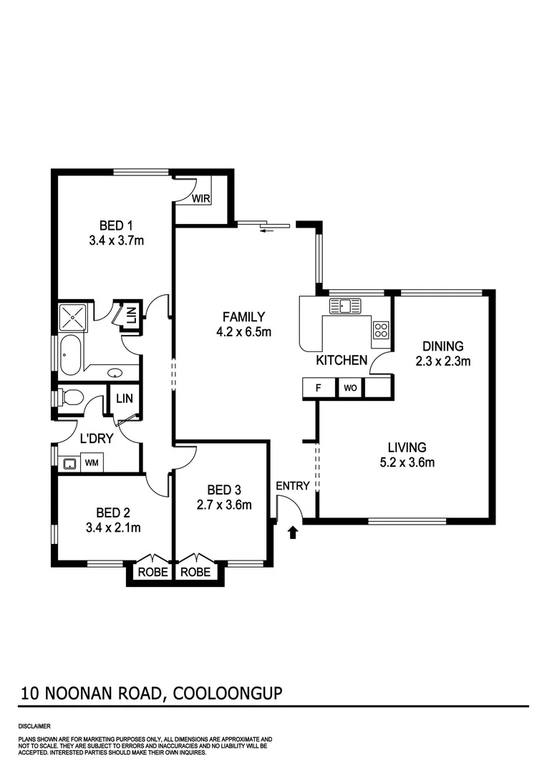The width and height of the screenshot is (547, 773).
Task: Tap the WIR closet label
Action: [200, 199]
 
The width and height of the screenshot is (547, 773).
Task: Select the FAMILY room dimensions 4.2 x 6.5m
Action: [243, 331]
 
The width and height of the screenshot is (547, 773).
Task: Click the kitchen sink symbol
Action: [346, 306]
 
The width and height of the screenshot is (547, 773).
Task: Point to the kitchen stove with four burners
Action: [381, 330]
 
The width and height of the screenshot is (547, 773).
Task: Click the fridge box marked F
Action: [317, 388]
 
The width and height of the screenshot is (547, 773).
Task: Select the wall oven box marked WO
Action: [350, 388]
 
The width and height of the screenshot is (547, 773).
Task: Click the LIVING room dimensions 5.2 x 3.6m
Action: [408, 462]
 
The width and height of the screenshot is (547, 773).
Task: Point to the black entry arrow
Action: [292, 533]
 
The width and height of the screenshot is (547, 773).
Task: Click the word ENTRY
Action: [293, 486]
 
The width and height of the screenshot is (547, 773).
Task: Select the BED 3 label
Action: [224, 490]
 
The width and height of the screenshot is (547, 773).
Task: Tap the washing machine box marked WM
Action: [92, 463]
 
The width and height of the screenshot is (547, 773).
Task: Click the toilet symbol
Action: [72, 397]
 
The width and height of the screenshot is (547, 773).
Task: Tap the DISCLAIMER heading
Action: [34, 726]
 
